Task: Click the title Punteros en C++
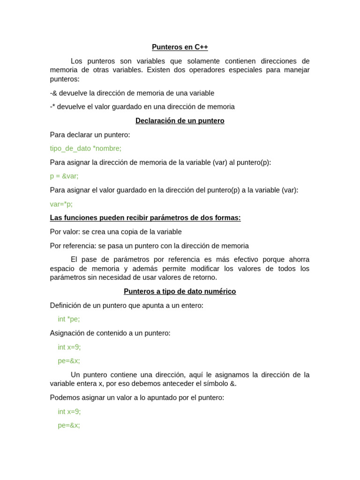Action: [180, 47]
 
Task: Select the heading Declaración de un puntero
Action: [180, 121]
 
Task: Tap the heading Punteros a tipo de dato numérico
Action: [180, 292]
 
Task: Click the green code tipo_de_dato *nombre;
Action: [85, 149]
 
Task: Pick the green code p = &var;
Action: [64, 176]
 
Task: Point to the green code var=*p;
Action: [61, 204]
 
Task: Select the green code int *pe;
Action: [69, 319]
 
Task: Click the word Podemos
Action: [63, 398]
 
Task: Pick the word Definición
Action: [67, 306]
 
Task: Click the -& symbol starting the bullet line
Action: [53, 93]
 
